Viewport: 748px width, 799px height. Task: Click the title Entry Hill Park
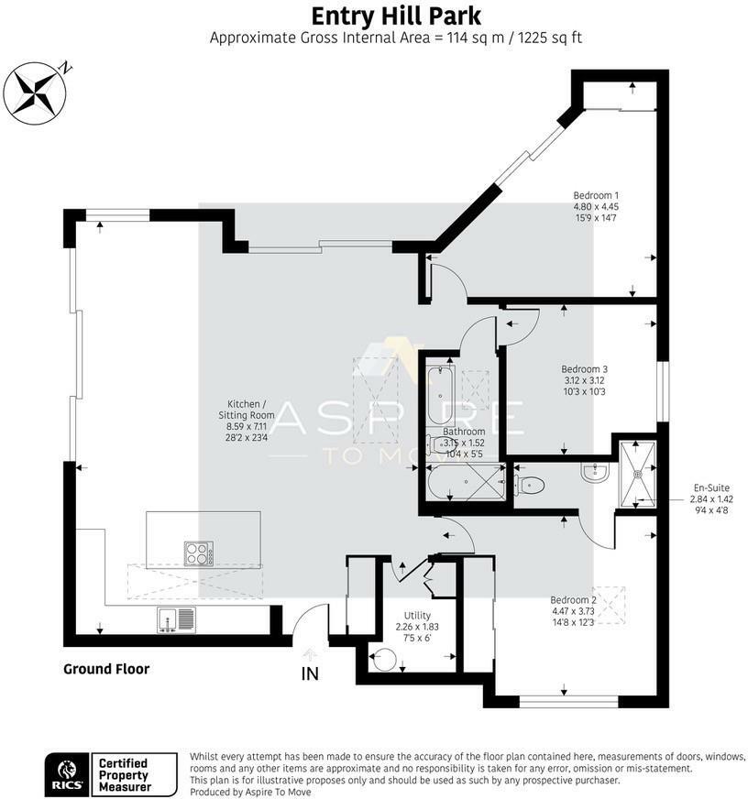pos(396,16)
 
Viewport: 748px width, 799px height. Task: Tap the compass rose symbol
pos(35,93)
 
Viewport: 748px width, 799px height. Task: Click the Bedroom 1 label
pos(596,206)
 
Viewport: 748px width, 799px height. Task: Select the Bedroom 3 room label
pos(584,380)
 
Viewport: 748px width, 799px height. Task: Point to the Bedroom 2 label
pos(574,610)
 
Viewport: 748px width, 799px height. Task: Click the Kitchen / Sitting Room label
pos(247,421)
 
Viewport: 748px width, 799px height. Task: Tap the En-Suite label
pos(711,498)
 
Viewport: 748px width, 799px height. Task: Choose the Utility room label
pos(417,626)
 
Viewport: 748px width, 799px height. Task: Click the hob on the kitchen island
pos(199,553)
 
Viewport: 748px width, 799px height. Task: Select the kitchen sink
pos(176,620)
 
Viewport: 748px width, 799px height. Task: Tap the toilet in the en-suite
pos(529,485)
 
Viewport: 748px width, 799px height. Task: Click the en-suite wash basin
pos(595,472)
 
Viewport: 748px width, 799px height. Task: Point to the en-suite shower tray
pos(637,474)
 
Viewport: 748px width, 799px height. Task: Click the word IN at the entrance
pos(310,673)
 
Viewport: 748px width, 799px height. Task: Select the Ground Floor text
pos(106,669)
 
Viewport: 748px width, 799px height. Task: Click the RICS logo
pos(67,775)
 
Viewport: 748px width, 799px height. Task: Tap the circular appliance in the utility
pos(384,660)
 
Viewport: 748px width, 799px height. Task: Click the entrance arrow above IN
pos(310,654)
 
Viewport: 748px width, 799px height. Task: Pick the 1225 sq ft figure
pos(550,38)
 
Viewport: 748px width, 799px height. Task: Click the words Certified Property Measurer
pos(125,775)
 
